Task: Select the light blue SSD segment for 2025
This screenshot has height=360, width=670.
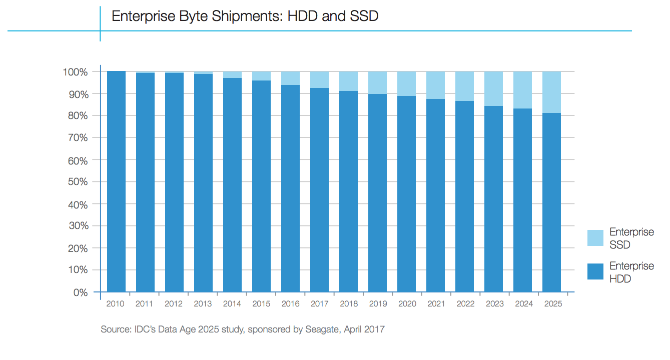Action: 551,92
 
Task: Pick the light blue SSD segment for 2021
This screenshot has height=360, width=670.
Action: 435,85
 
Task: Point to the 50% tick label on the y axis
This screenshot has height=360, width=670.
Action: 77,181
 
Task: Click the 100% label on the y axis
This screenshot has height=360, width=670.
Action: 76,72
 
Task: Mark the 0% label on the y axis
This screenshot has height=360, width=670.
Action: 80,292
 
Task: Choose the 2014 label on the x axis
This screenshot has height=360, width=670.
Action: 232,304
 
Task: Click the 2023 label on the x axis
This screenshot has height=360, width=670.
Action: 493,304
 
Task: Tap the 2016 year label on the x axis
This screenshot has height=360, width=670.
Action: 290,304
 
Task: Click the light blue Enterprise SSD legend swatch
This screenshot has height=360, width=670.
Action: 595,238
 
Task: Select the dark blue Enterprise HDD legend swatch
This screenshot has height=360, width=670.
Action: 595,271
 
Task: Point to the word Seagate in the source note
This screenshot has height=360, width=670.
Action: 322,329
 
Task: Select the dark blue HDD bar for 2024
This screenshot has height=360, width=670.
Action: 522,200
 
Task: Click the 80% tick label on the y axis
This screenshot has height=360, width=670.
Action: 77,116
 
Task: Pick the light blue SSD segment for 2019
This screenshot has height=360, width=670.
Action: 377,82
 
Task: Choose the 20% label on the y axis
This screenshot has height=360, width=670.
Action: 77,248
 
